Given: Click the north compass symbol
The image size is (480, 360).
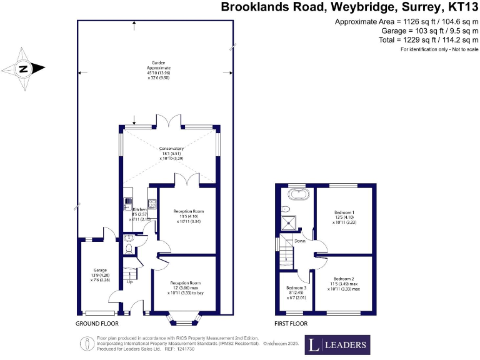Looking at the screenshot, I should (x=24, y=69).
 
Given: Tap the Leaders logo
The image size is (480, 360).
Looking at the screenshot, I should (x=337, y=344).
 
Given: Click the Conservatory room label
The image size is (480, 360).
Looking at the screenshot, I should (x=169, y=148).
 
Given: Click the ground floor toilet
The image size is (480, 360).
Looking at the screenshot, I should (x=128, y=248).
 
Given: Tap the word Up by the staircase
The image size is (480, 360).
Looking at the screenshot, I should (x=130, y=281).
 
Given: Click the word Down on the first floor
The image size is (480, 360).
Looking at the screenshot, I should (x=300, y=241).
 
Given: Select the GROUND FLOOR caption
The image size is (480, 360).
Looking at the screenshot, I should (x=97, y=324).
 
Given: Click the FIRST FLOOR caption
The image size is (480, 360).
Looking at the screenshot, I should (x=291, y=324).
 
